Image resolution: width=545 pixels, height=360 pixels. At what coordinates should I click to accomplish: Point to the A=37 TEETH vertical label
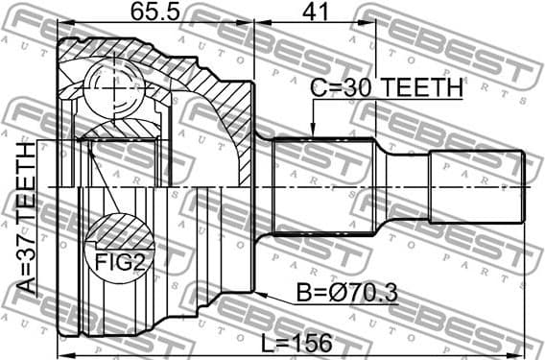(27, 218)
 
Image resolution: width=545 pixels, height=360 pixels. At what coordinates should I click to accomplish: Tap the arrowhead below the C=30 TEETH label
(313, 131)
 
